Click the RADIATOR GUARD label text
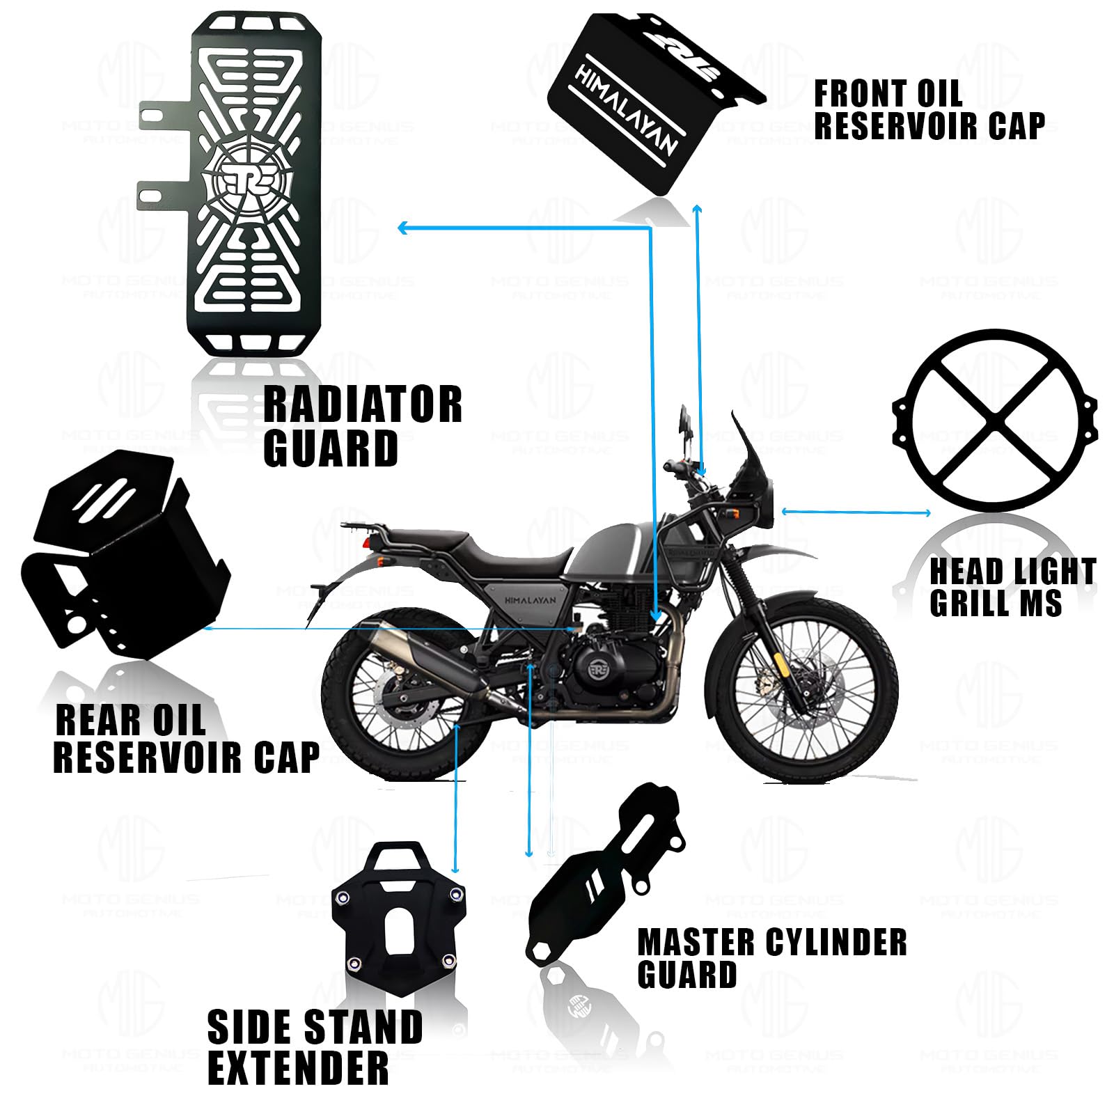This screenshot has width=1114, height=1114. click(x=362, y=425)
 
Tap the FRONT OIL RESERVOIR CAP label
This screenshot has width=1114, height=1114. click(x=928, y=110)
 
